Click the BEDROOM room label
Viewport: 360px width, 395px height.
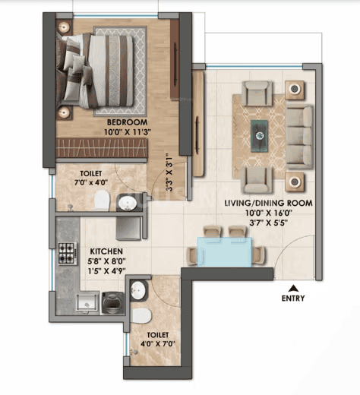[x=127, y=122]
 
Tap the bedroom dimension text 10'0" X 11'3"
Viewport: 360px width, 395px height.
[x=128, y=132]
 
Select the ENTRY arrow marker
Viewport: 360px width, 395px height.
[x=293, y=288]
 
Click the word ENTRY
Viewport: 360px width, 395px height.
[x=293, y=299]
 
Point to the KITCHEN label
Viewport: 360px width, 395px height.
[x=106, y=251]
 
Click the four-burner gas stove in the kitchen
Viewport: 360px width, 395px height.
[x=68, y=254]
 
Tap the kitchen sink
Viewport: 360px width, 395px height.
[x=87, y=303]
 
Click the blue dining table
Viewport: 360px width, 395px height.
[x=225, y=252]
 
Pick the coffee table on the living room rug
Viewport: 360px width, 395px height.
[x=259, y=136]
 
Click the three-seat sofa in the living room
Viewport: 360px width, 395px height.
[x=299, y=137]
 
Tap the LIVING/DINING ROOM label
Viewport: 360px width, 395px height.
[x=268, y=203]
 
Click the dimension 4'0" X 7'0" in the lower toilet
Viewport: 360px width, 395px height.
[x=158, y=344]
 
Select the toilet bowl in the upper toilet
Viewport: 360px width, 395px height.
[x=102, y=201]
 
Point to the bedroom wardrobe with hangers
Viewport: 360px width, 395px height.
[x=101, y=147]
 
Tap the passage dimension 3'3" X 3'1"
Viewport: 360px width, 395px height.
[x=169, y=175]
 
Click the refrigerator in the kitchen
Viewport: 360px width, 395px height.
[x=128, y=229]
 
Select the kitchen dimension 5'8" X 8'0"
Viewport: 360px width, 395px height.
[x=107, y=261]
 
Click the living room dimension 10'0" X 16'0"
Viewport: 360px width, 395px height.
[x=269, y=213]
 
